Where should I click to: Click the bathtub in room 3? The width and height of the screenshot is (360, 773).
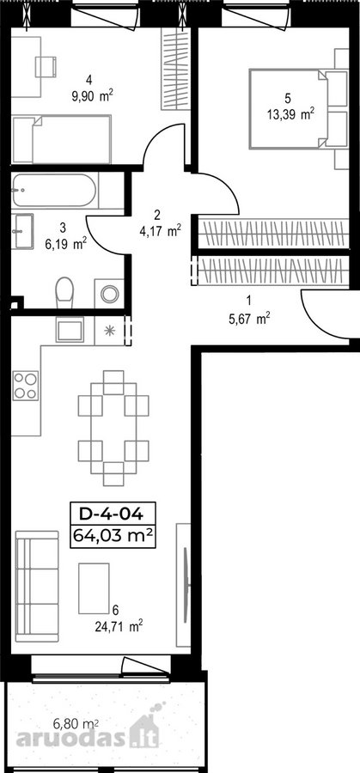pyautogui.click(x=54, y=190)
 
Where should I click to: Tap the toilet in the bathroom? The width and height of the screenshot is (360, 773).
pyautogui.click(x=64, y=292)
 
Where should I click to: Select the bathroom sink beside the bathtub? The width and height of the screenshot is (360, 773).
pyautogui.click(x=22, y=231)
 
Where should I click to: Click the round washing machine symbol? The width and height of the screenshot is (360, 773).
pyautogui.click(x=109, y=294)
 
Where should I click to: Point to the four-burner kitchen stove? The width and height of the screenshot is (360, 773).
pyautogui.click(x=25, y=385)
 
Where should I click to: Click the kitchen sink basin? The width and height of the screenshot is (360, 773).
pyautogui.click(x=70, y=329)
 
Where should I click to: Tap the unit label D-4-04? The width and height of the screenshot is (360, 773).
pyautogui.click(x=113, y=514)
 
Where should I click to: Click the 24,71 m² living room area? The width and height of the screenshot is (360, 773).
pyautogui.click(x=119, y=627)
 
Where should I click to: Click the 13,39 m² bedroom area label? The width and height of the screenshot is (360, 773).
pyautogui.click(x=290, y=115)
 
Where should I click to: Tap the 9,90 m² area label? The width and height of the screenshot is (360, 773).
pyautogui.click(x=93, y=95)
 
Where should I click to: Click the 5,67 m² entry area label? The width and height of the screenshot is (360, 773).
pyautogui.click(x=248, y=320)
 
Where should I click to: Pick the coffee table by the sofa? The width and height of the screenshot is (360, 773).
pyautogui.click(x=94, y=588)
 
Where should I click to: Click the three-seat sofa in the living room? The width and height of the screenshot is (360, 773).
pyautogui.click(x=37, y=586)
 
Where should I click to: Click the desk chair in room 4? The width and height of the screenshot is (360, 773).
pyautogui.click(x=46, y=66)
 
